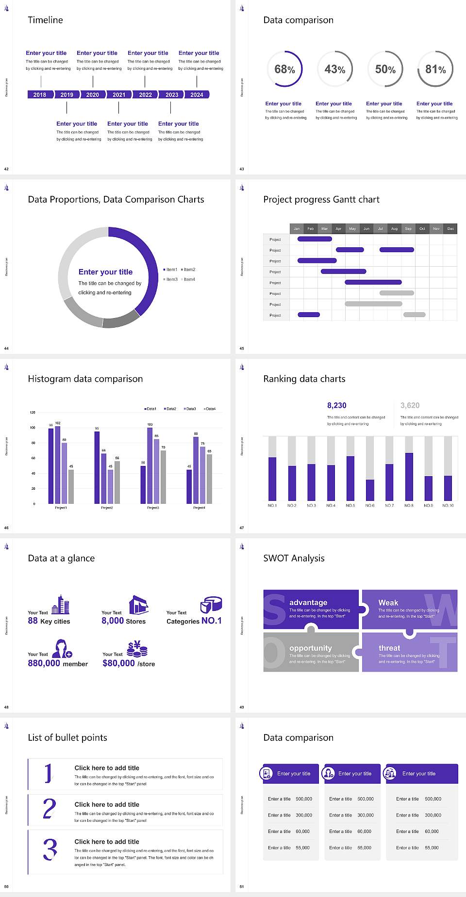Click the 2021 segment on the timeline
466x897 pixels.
click(x=119, y=95)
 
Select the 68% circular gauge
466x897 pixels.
click(x=284, y=69)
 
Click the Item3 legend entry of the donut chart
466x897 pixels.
click(x=170, y=279)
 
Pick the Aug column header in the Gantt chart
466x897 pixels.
click(x=394, y=228)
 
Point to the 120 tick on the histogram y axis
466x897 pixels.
click(x=33, y=413)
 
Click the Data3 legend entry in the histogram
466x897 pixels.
click(x=190, y=409)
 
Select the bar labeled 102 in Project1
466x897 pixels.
click(x=58, y=464)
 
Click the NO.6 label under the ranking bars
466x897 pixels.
click(x=370, y=505)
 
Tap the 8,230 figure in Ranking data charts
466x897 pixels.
click(x=337, y=405)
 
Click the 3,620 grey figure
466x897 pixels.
click(x=410, y=405)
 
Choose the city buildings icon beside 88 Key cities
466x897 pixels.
click(x=61, y=605)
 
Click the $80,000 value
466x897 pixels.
click(x=118, y=663)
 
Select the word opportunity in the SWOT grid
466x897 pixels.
click(x=311, y=648)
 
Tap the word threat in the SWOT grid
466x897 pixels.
click(x=389, y=648)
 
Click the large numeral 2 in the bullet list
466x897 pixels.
click(x=49, y=809)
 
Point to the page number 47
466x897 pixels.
click(x=242, y=528)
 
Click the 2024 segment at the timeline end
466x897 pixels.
click(x=197, y=95)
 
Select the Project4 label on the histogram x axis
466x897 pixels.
click(x=199, y=508)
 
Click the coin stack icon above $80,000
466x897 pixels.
click(x=137, y=648)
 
